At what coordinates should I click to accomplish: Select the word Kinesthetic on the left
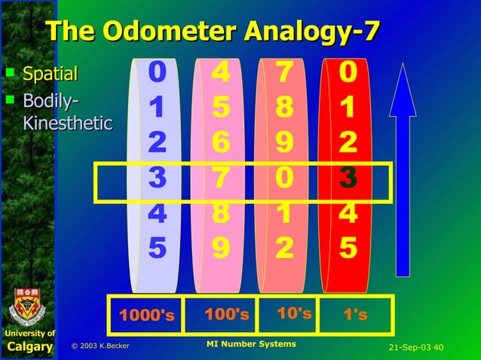pyautogui.click(x=67, y=122)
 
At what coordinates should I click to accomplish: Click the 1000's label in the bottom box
pyautogui.click(x=146, y=316)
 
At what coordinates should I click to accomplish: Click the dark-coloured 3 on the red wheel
pyautogui.click(x=348, y=178)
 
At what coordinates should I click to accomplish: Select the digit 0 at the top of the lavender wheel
pyautogui.click(x=157, y=73)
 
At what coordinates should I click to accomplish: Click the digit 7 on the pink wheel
pyautogui.click(x=221, y=178)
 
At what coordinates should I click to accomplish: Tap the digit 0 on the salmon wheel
pyautogui.click(x=284, y=178)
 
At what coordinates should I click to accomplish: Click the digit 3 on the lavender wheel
pyautogui.click(x=157, y=178)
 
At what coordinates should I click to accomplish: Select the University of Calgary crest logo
pyautogui.click(x=27, y=305)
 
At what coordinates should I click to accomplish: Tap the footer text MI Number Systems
pyautogui.click(x=250, y=344)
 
